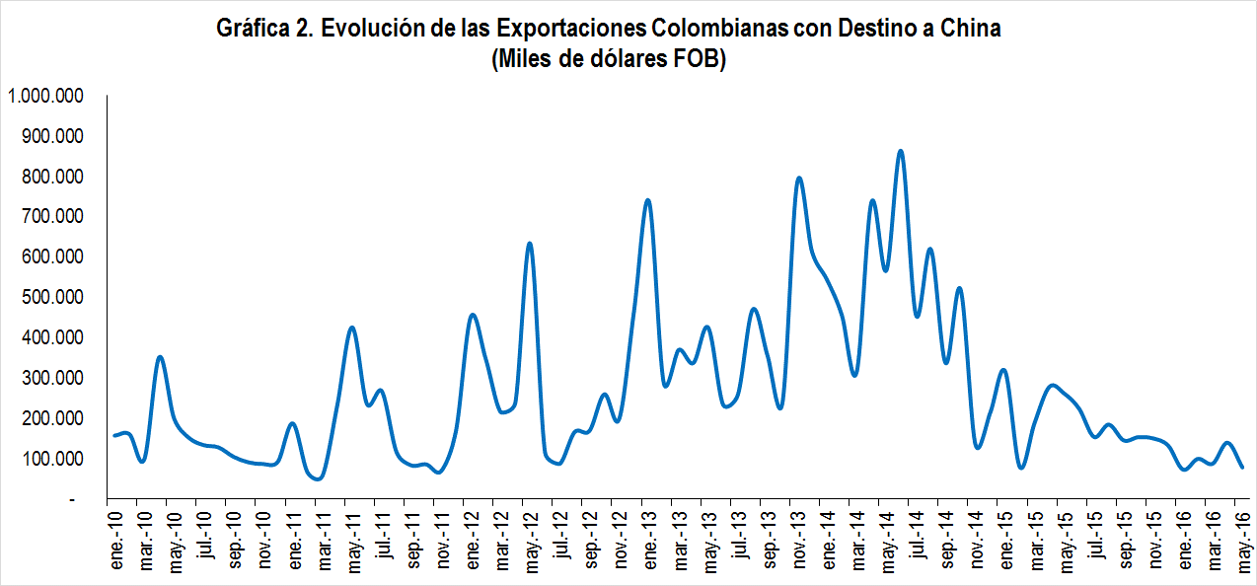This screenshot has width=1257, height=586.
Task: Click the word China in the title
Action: click(x=968, y=29)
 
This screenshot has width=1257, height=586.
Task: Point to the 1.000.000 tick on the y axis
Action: click(x=44, y=96)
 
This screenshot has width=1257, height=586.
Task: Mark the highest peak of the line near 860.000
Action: click(x=900, y=151)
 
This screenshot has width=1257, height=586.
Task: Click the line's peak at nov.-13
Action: click(x=798, y=179)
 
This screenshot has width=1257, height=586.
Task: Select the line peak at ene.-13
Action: click(x=647, y=200)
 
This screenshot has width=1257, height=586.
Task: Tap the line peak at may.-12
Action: click(x=529, y=243)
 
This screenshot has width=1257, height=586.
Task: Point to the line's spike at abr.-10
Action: click(x=160, y=357)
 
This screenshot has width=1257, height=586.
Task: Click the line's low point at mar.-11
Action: click(x=318, y=479)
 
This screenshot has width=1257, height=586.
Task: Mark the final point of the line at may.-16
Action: click(x=1242, y=468)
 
